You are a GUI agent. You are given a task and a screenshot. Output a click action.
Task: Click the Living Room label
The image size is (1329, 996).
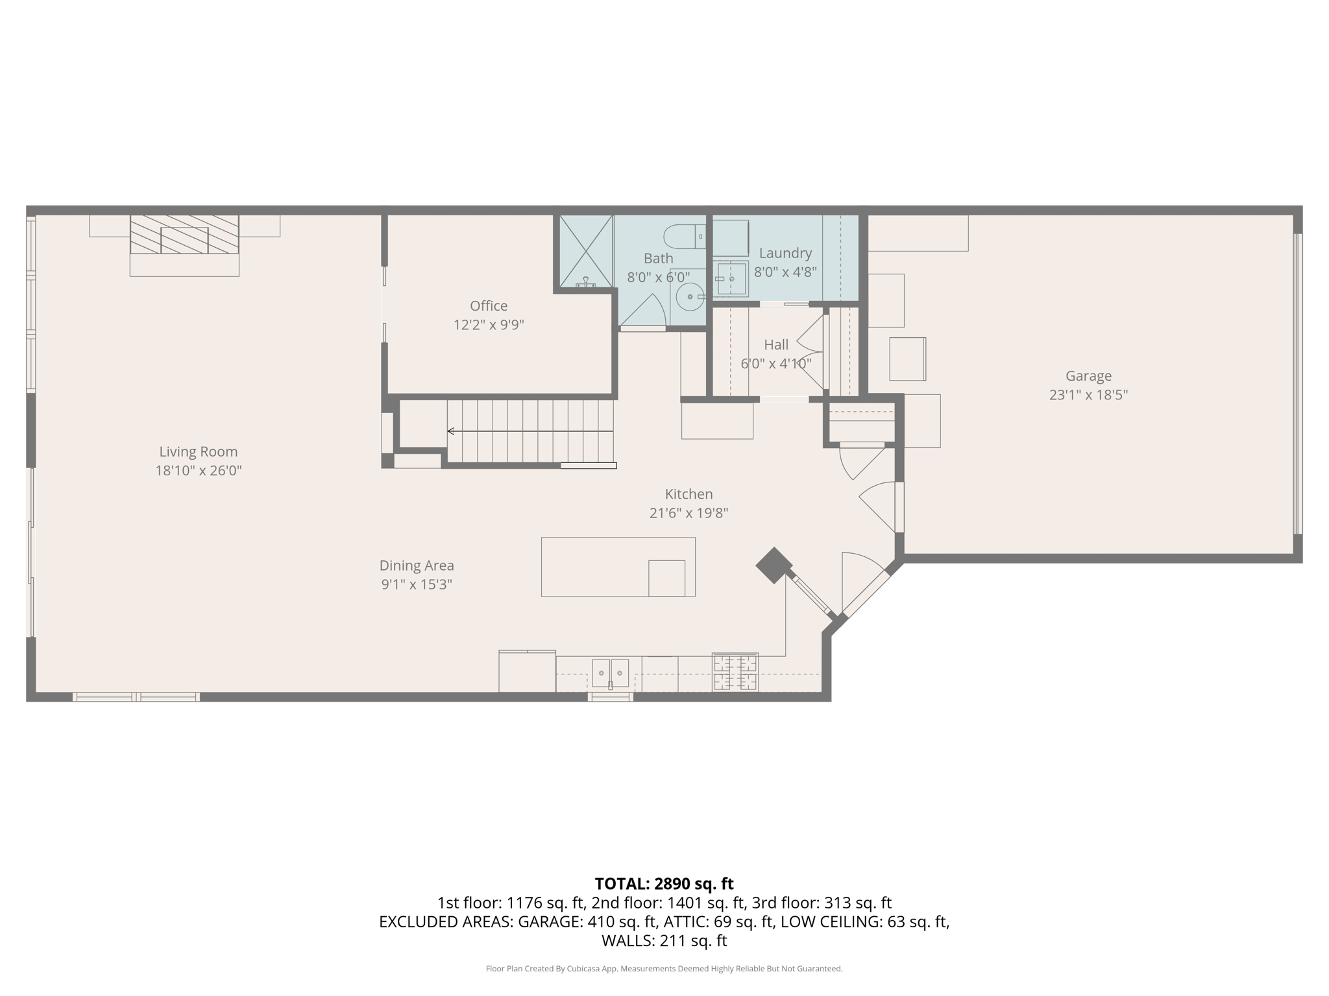[199, 451]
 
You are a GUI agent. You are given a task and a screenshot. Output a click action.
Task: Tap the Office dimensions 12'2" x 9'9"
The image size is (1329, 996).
[488, 325]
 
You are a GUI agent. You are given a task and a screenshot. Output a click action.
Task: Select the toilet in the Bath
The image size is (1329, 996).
[683, 237]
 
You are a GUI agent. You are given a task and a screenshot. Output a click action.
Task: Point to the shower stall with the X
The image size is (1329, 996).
[586, 252]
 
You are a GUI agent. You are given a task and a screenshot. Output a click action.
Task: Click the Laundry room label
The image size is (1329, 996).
[785, 253]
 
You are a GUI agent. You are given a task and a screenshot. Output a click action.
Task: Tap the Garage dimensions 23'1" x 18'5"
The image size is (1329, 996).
[1088, 395]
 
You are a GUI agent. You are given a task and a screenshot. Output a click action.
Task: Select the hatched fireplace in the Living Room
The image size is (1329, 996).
[184, 235]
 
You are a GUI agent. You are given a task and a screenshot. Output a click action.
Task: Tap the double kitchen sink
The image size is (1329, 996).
[610, 673]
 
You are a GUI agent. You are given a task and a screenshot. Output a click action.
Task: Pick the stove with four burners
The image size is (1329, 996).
[735, 672]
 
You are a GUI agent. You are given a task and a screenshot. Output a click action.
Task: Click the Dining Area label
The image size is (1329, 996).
[417, 565]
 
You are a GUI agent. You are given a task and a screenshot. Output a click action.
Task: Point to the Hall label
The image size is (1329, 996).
[776, 345]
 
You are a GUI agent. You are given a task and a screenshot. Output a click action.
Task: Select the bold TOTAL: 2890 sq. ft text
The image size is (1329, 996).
[664, 884]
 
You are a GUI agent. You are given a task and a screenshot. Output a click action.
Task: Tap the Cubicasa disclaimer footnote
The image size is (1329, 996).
[664, 969]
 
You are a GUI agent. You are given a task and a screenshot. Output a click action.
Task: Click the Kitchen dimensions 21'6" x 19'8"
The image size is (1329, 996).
[689, 513]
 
